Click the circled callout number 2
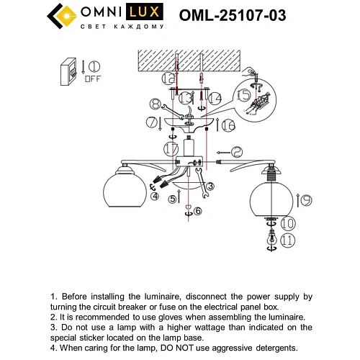pyautogui.click(x=237, y=152)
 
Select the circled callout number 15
pyautogui.click(x=245, y=95)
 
